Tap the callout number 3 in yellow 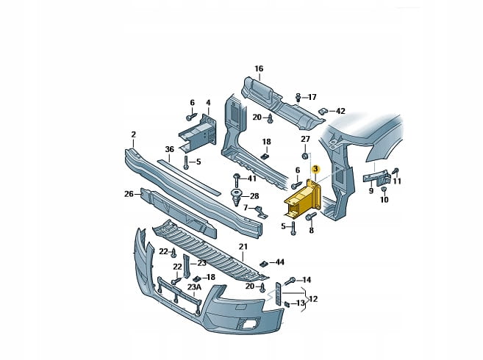[x=315, y=170]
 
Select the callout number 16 [x=259, y=69]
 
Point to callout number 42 [x=340, y=112]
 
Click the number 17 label [x=312, y=97]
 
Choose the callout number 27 [x=305, y=138]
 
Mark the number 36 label [x=169, y=149]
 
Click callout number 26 [x=129, y=194]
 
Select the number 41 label [x=252, y=179]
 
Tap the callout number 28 [x=254, y=196]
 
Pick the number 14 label [x=307, y=279]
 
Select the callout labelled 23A [x=193, y=287]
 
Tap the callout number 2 [x=134, y=134]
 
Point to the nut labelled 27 [x=304, y=156]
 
